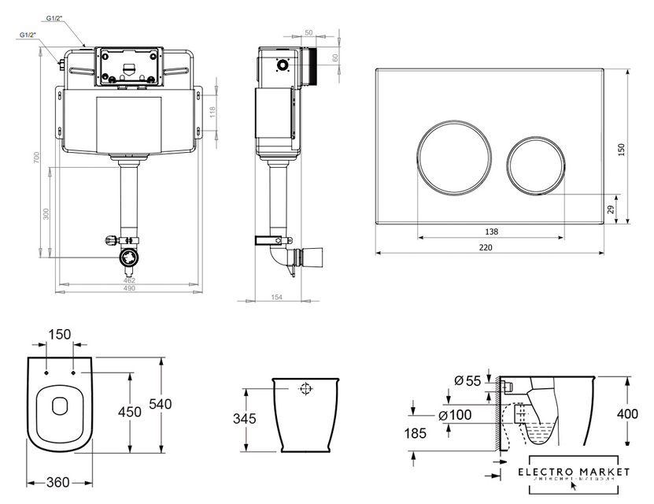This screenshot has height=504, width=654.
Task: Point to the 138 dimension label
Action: click(x=491, y=232)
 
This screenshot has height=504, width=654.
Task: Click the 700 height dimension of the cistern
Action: click(x=36, y=157)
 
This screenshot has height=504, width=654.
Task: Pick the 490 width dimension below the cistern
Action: click(x=129, y=288)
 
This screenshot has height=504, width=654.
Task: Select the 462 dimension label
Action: click(x=129, y=280)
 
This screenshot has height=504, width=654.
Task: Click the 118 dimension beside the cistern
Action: click(x=212, y=113)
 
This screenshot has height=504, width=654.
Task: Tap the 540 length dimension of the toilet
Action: click(x=159, y=404)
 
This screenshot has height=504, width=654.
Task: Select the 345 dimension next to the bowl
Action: click(x=246, y=419)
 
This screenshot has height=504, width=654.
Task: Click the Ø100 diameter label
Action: click(x=454, y=415)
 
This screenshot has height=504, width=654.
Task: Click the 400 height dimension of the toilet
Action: click(x=626, y=413)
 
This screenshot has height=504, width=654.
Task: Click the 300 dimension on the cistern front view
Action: click(x=46, y=213)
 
